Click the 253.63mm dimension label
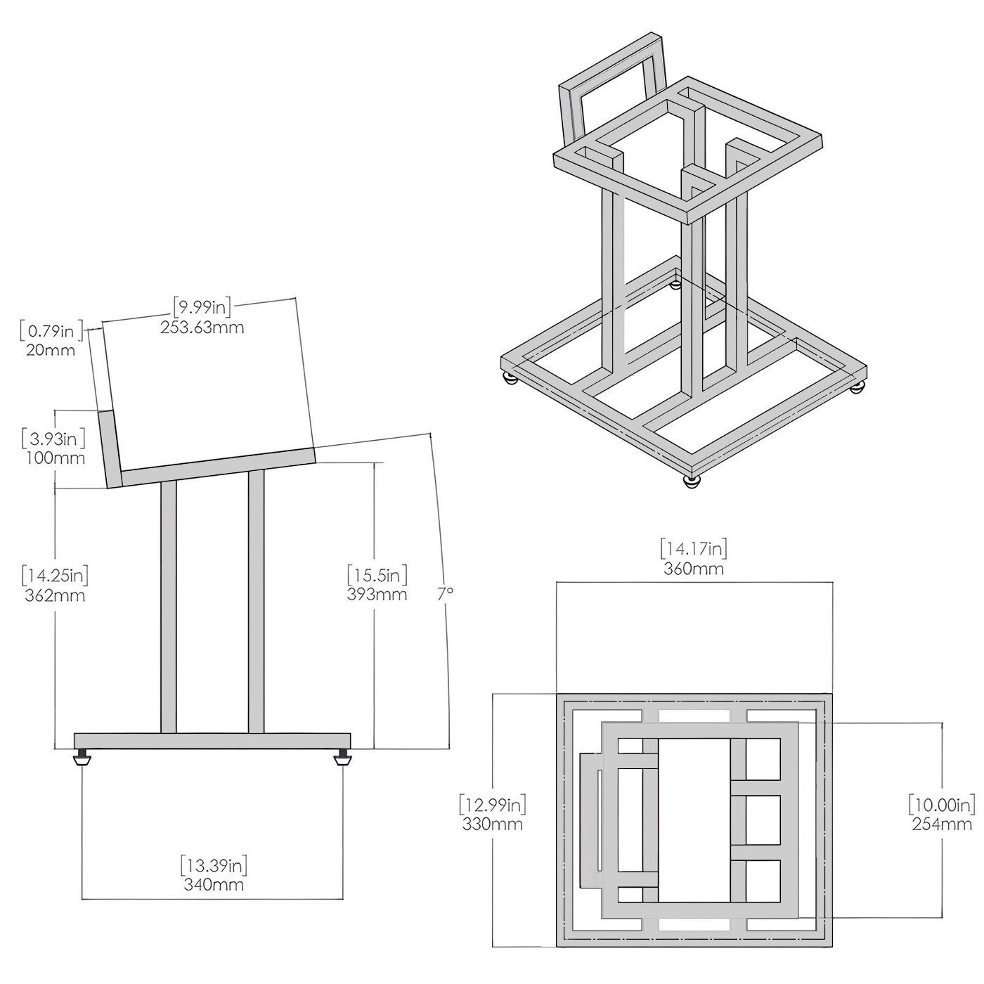202,328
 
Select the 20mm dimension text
51,350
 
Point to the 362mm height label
55,595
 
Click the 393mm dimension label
377,595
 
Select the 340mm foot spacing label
214,884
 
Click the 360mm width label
694,569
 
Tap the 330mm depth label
492,824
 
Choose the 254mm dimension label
942,824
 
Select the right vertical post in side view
256,601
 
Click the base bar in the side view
212,741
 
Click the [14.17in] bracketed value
694,548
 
